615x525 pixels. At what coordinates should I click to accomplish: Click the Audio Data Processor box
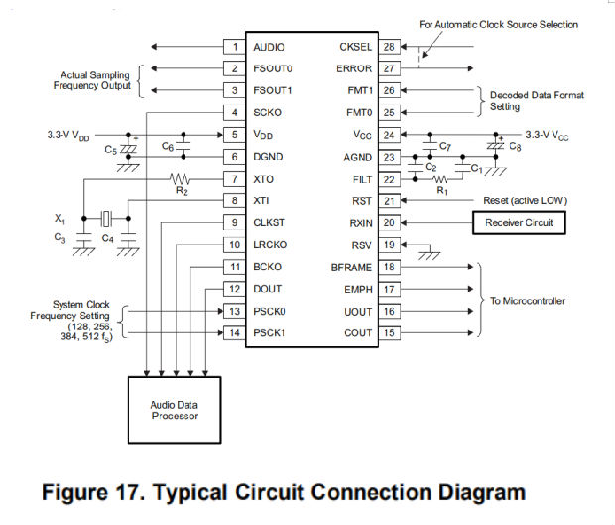[x=174, y=411]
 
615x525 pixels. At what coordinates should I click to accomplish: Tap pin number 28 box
[x=389, y=47]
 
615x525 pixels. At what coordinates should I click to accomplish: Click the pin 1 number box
[x=234, y=47]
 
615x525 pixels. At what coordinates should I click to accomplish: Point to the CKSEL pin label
[x=354, y=47]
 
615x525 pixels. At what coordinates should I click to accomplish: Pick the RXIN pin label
[x=356, y=223]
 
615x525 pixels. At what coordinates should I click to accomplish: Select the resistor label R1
[x=444, y=188]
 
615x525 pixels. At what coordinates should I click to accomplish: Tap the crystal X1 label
[x=60, y=217]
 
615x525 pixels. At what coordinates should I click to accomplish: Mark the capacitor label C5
[x=109, y=149]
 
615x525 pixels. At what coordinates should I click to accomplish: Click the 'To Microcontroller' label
[x=528, y=300]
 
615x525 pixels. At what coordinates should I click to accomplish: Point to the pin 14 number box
[x=234, y=333]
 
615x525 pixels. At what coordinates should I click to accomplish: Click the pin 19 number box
[x=389, y=245]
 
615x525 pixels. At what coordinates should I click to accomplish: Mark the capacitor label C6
[x=169, y=146]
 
